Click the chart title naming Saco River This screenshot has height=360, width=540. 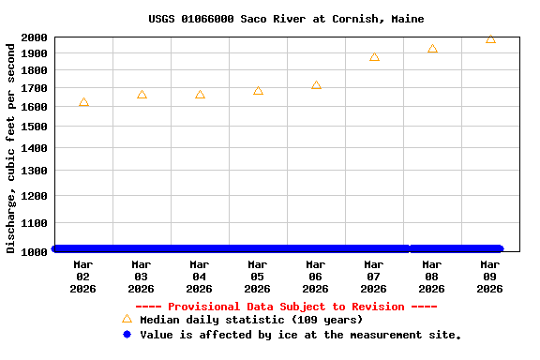[286, 19]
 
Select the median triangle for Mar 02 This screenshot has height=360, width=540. [83, 102]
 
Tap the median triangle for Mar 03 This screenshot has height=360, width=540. [142, 95]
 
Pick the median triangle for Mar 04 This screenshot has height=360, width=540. [200, 95]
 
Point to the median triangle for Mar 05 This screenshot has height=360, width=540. [258, 91]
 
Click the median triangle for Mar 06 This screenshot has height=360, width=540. [316, 85]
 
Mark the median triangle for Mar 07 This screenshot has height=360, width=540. [374, 57]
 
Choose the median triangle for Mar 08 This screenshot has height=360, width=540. [432, 49]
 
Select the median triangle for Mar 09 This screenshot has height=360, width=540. [490, 39]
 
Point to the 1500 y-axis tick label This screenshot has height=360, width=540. [35, 127]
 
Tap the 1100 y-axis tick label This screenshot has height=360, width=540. [35, 223]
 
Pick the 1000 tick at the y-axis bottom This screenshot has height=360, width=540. [35, 251]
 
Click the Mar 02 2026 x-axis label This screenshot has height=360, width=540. [83, 277]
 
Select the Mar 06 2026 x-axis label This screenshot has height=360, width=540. [316, 277]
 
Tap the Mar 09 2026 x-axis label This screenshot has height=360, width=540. [490, 277]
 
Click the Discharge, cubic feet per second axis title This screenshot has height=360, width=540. [11, 145]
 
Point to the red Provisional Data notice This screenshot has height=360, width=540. [286, 307]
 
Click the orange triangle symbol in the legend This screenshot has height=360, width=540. [127, 319]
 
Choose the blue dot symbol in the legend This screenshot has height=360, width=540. [127, 334]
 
